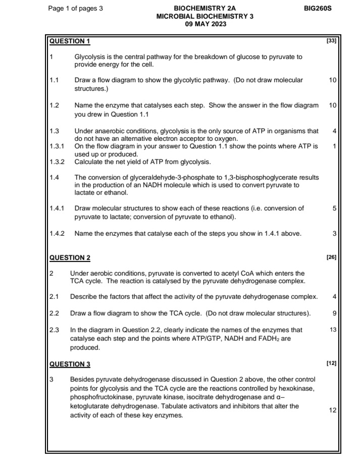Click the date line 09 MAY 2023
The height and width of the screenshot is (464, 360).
204,24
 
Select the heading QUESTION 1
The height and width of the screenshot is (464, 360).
70,41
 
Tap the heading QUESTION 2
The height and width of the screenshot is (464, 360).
70,258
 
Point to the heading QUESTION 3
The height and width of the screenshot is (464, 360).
70,364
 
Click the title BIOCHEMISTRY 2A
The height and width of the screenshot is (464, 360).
204,9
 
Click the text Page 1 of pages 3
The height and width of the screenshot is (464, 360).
75,9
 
